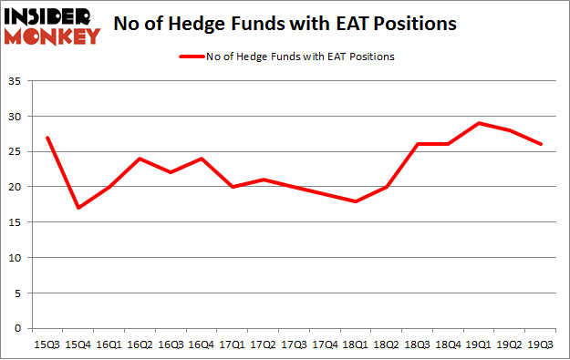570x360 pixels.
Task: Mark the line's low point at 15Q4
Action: (x=79, y=208)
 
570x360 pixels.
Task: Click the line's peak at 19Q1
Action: (x=480, y=123)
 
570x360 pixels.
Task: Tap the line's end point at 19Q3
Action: (x=542, y=144)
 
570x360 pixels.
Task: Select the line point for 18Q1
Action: (x=357, y=201)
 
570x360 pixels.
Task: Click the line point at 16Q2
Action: (x=140, y=159)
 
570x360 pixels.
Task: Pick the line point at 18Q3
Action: (x=419, y=144)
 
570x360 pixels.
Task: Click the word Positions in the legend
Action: (x=371, y=57)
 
